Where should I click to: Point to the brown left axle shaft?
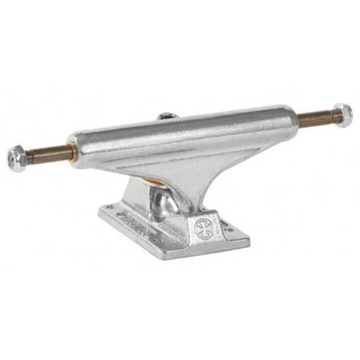coord(51,154)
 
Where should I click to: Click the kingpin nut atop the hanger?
coord(168,116)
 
